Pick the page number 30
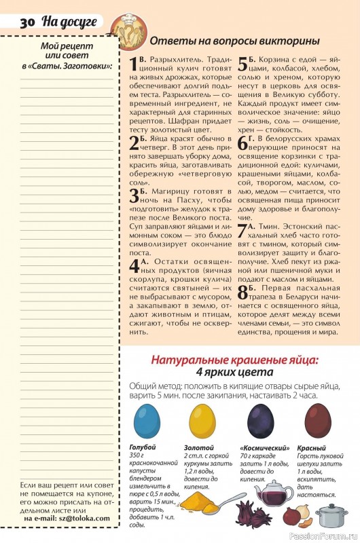28,22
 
